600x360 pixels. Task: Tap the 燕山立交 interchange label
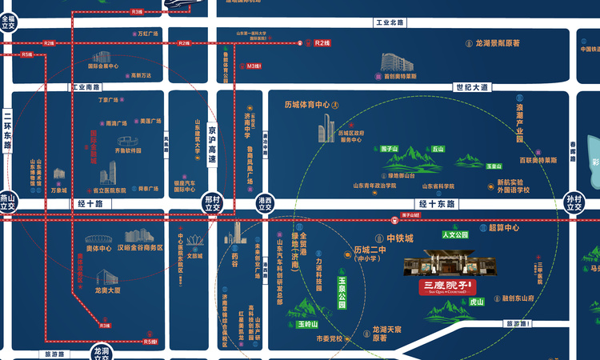pos(8,202)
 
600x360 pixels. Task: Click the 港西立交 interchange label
pos(266,203)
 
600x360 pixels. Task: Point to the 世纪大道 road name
pos(470,86)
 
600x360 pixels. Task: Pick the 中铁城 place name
pos(400,238)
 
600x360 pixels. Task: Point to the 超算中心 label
pos(504,228)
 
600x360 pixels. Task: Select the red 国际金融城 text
pos(94,145)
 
